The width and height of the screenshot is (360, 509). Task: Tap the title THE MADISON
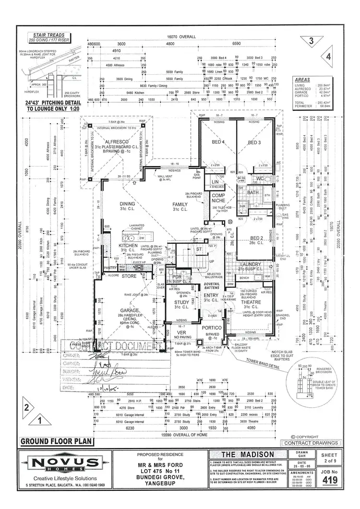(x=248, y=454)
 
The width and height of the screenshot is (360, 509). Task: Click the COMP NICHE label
(x=219, y=198)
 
